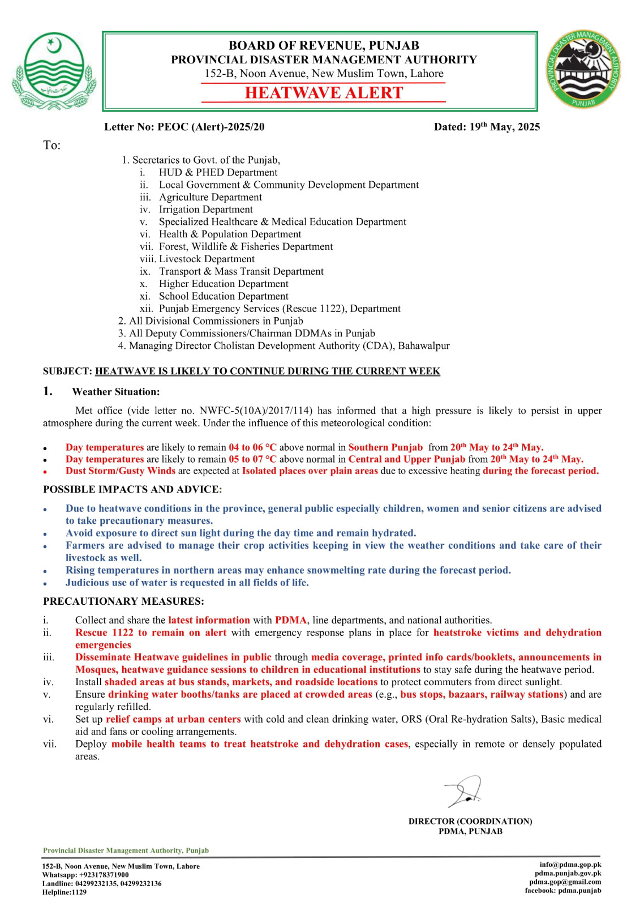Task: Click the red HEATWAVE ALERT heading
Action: click(x=324, y=93)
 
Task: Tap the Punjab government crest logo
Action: click(x=54, y=71)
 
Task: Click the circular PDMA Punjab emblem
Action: click(x=583, y=70)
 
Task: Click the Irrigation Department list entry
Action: click(x=205, y=210)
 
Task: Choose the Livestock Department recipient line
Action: click(x=207, y=259)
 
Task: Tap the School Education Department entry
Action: click(x=224, y=296)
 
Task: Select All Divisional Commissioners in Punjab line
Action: click(x=216, y=321)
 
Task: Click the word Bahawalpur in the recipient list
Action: click(x=424, y=345)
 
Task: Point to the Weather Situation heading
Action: click(x=115, y=392)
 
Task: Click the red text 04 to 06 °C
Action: click(x=252, y=447)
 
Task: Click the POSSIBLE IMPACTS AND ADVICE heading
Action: click(x=132, y=489)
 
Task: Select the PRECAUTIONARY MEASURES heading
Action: click(x=123, y=601)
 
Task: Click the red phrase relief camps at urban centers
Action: click(x=173, y=719)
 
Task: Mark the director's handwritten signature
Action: click(x=464, y=791)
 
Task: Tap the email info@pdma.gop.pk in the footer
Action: click(x=570, y=865)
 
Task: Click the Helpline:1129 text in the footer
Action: click(x=65, y=892)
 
